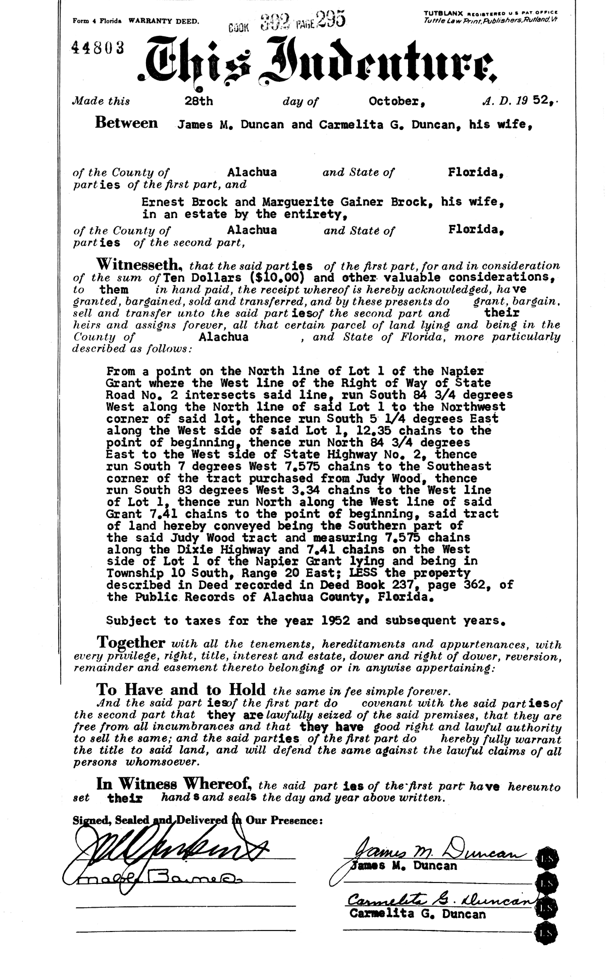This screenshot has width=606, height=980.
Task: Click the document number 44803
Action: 98,47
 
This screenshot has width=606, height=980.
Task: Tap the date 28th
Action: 199,101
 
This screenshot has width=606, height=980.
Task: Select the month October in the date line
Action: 396,101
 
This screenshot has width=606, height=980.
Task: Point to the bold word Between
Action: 126,123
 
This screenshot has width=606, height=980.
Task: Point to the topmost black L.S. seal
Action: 546,857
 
